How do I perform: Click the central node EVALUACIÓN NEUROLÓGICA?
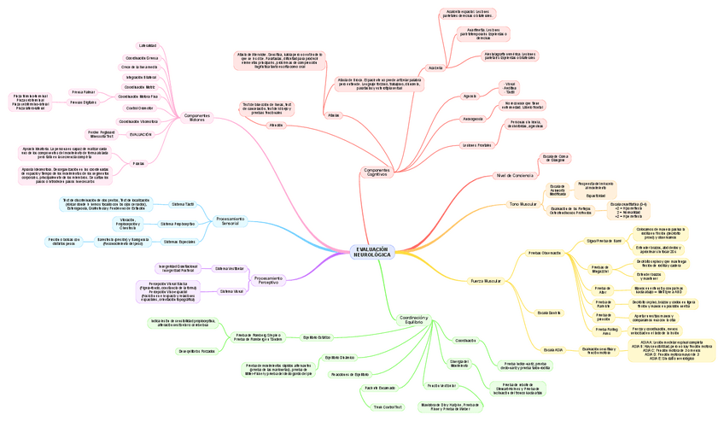pyautogui.click(x=371, y=252)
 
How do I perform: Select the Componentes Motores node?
pyautogui.click(x=197, y=117)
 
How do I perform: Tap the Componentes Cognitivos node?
pyautogui.click(x=377, y=172)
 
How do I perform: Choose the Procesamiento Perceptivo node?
pyautogui.click(x=269, y=279)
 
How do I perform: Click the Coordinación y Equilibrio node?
pyautogui.click(x=414, y=319)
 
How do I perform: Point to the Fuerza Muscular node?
pyautogui.click(x=486, y=280)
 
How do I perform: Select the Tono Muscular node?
pyautogui.click(x=523, y=204)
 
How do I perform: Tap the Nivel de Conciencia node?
pyautogui.click(x=514, y=176)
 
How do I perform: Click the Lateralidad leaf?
pyautogui.click(x=147, y=45)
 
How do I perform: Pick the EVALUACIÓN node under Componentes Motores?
pyautogui.click(x=140, y=134)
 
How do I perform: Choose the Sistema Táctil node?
pyautogui.click(x=183, y=205)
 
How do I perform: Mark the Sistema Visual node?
pyautogui.click(x=231, y=291)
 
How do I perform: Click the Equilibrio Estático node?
pyautogui.click(x=317, y=337)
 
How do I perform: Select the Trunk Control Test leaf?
pyautogui.click(x=387, y=406)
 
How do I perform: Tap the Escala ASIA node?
pyautogui.click(x=552, y=349)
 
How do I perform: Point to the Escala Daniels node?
pyautogui.click(x=548, y=313)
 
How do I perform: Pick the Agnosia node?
pyautogui.click(x=470, y=96)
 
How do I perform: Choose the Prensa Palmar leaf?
pyautogui.click(x=83, y=91)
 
